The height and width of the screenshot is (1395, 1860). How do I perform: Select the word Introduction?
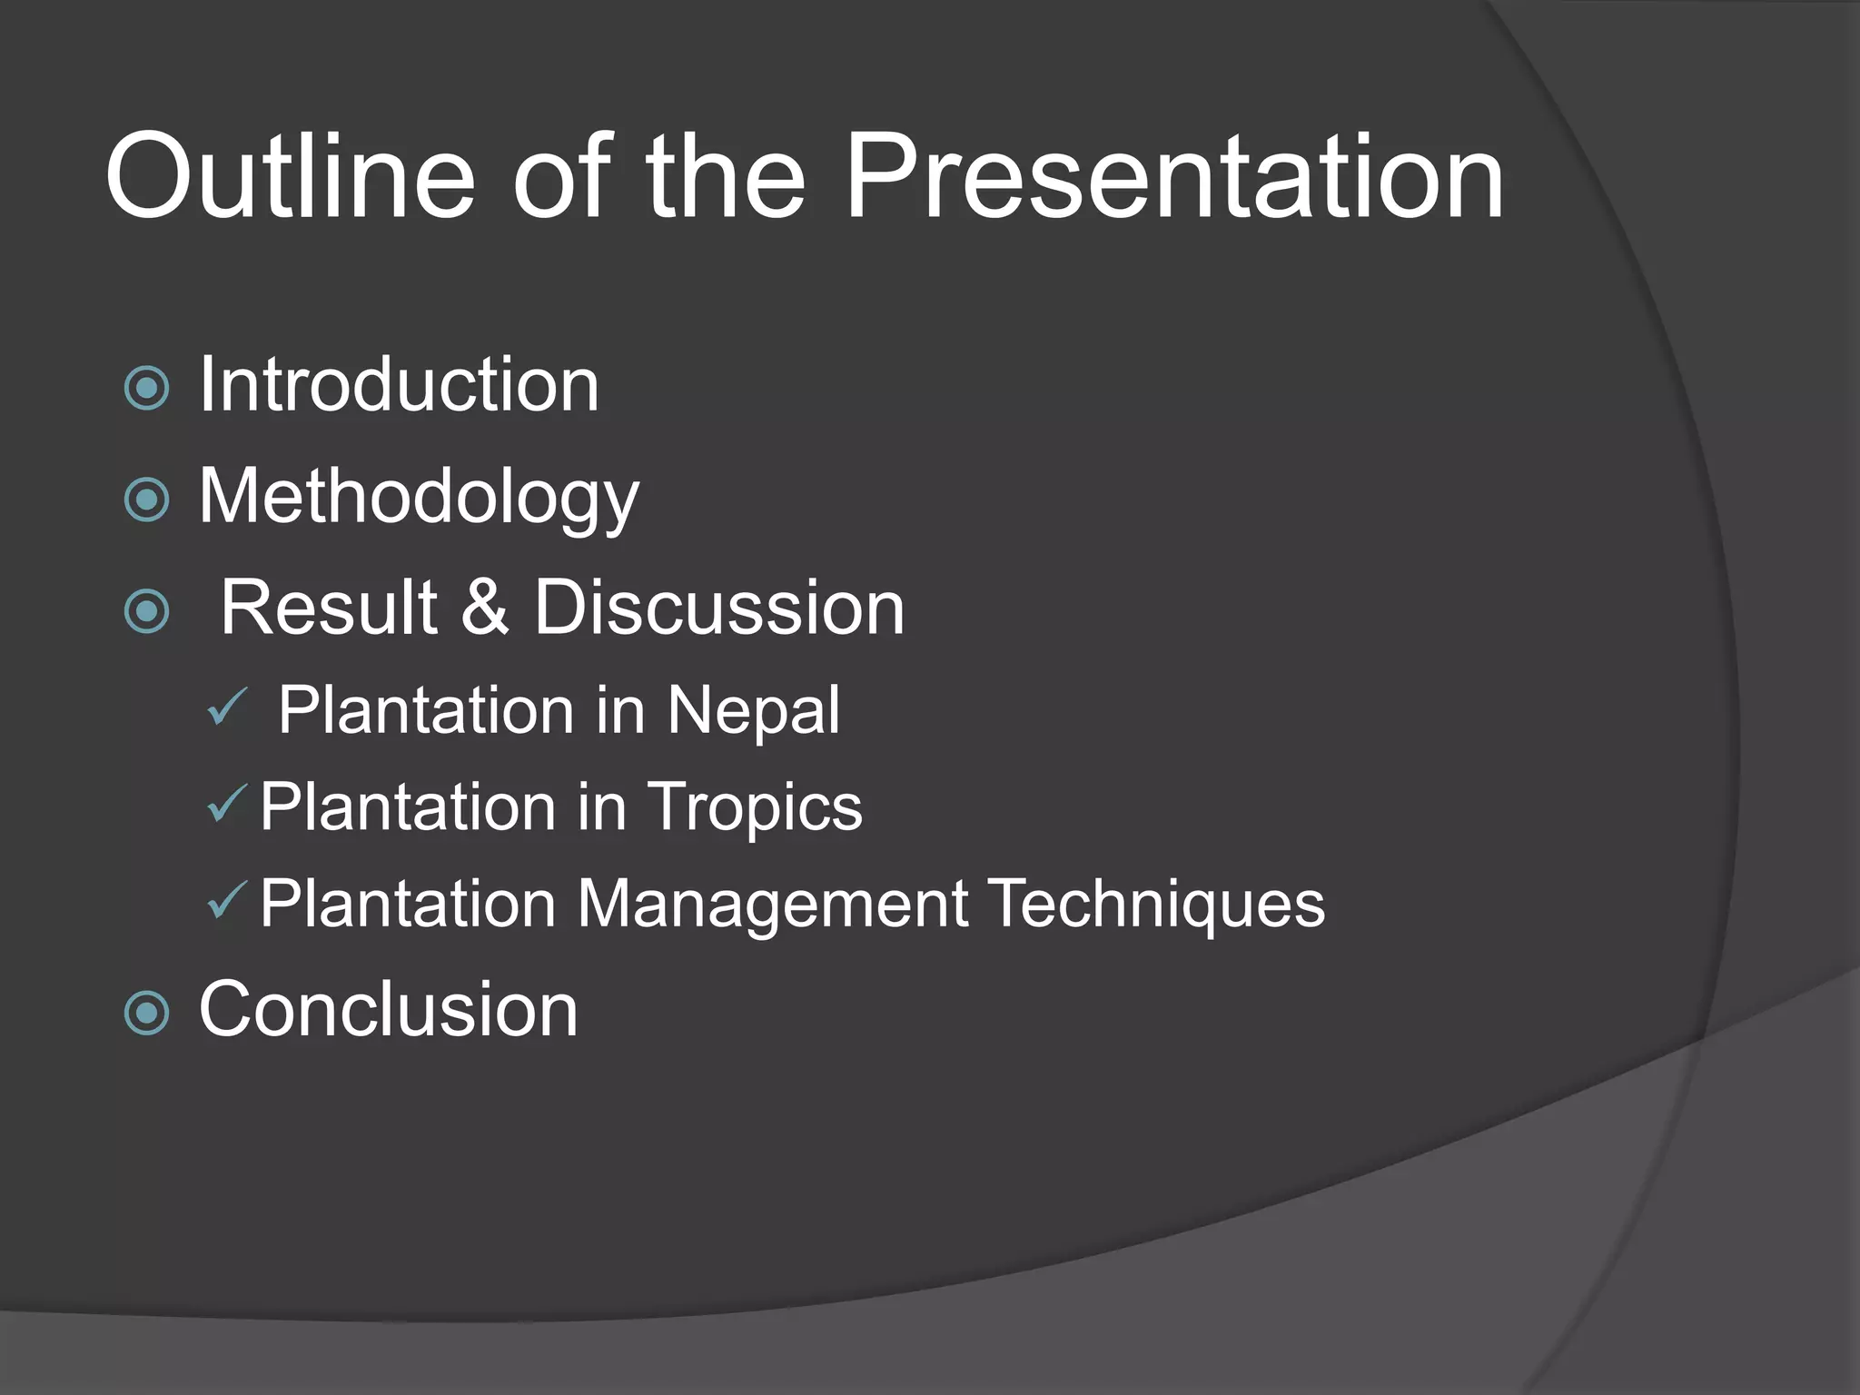pos(399,385)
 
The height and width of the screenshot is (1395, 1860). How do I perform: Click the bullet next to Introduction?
pos(146,389)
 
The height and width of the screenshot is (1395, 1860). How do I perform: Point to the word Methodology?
pos(419,498)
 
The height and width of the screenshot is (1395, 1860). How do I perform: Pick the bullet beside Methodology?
pos(146,500)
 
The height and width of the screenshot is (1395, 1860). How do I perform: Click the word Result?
pos(329,608)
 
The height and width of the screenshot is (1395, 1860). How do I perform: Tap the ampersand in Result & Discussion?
pos(484,608)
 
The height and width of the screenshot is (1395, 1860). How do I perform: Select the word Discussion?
pos(718,608)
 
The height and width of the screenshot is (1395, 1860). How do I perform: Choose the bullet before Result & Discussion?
pos(146,611)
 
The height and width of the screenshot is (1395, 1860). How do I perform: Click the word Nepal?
pos(753,710)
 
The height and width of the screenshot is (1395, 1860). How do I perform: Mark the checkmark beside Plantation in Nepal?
pos(226,707)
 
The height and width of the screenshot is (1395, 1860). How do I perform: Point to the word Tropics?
pos(754,808)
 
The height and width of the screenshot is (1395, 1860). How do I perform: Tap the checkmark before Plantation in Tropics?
pos(226,804)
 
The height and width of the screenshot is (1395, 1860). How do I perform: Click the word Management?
pos(773,905)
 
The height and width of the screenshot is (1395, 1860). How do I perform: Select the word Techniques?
pos(1156,905)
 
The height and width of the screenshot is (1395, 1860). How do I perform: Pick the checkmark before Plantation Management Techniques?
pos(226,901)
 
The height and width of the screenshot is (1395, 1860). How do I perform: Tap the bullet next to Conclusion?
pos(146,1014)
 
